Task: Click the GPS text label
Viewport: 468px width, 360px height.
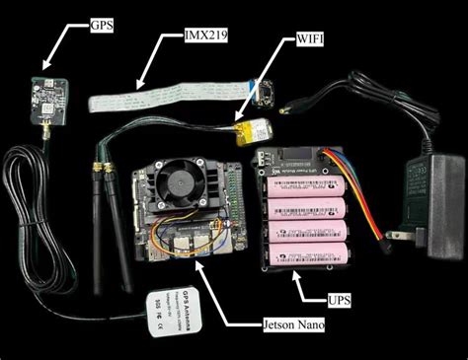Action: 102,23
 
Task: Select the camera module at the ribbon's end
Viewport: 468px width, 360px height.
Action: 265,95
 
